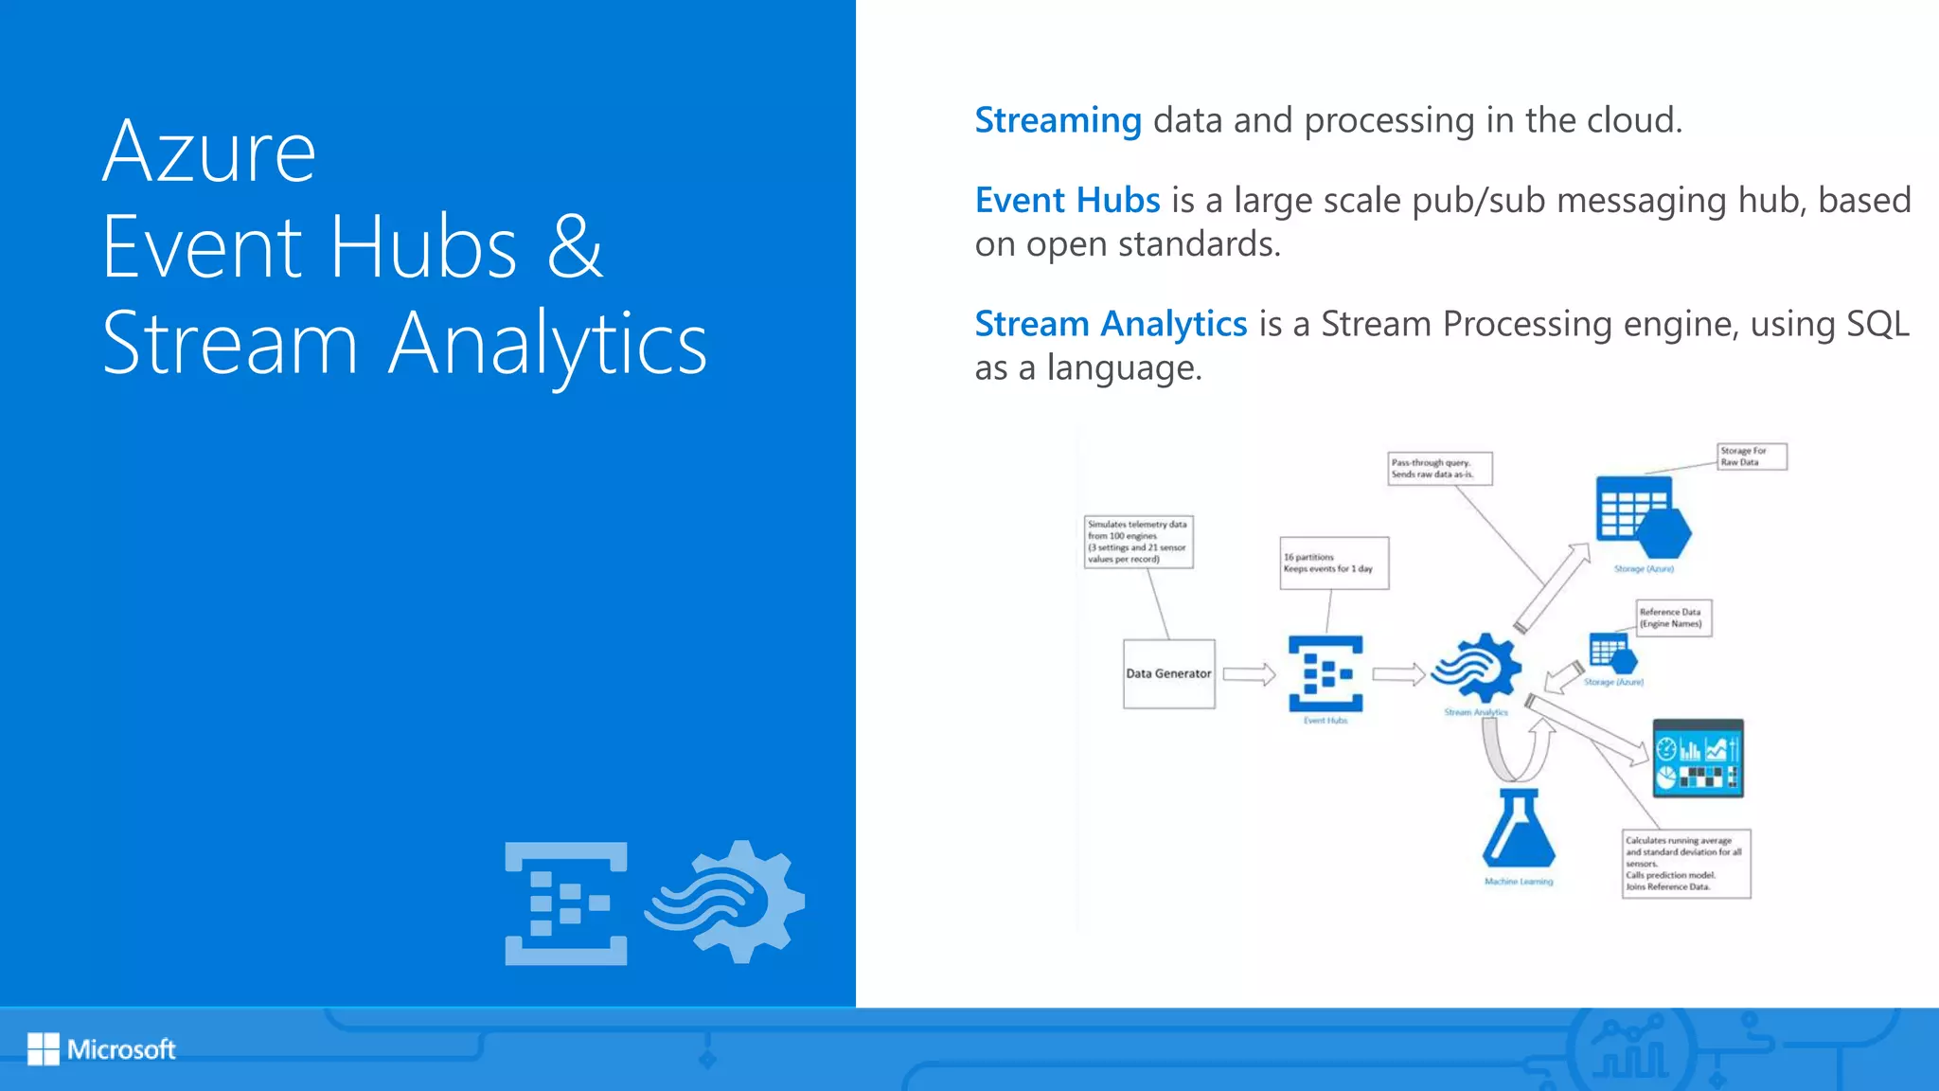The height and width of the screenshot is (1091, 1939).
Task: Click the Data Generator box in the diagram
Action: (1168, 673)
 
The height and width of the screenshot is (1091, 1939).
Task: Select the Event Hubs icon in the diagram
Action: (1325, 673)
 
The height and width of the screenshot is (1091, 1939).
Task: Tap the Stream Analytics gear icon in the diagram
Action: (1476, 669)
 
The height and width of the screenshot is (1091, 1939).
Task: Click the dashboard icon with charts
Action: (1698, 759)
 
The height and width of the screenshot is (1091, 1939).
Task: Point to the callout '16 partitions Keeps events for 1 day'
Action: (1334, 563)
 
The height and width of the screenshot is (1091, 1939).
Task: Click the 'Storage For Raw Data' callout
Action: (1752, 456)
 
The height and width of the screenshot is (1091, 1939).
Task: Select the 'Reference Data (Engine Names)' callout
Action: (1673, 618)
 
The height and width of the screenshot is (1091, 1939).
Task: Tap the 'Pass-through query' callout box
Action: (1439, 469)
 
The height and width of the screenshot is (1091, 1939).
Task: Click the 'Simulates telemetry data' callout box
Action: (1138, 542)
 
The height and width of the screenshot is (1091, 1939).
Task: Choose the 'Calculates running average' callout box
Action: (1685, 864)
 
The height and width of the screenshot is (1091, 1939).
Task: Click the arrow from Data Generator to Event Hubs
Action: (1249, 674)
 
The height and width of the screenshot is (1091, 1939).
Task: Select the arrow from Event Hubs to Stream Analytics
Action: (1398, 674)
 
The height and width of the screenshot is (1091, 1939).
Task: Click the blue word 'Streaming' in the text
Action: (1058, 121)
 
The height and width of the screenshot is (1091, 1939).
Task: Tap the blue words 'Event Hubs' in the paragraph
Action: (1067, 201)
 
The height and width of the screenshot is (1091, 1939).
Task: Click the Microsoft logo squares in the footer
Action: (44, 1048)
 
